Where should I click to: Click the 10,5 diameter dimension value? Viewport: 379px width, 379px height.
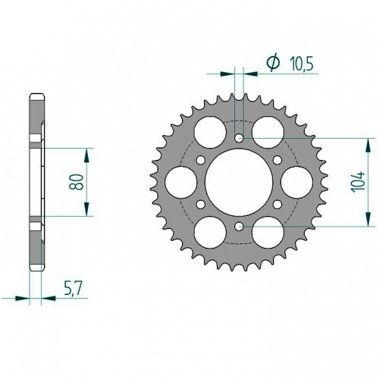302,64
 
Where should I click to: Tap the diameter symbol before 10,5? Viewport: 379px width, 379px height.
273,62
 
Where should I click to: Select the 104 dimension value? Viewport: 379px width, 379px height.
359,182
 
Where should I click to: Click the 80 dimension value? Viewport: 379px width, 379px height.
76,182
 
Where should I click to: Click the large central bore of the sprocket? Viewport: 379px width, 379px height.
239,182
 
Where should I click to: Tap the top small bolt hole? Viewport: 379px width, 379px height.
239,138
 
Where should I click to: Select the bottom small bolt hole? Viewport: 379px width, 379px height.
239,227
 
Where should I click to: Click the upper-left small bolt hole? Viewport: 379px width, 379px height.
201,160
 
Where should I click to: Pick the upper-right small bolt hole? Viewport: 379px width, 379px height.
277,160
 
